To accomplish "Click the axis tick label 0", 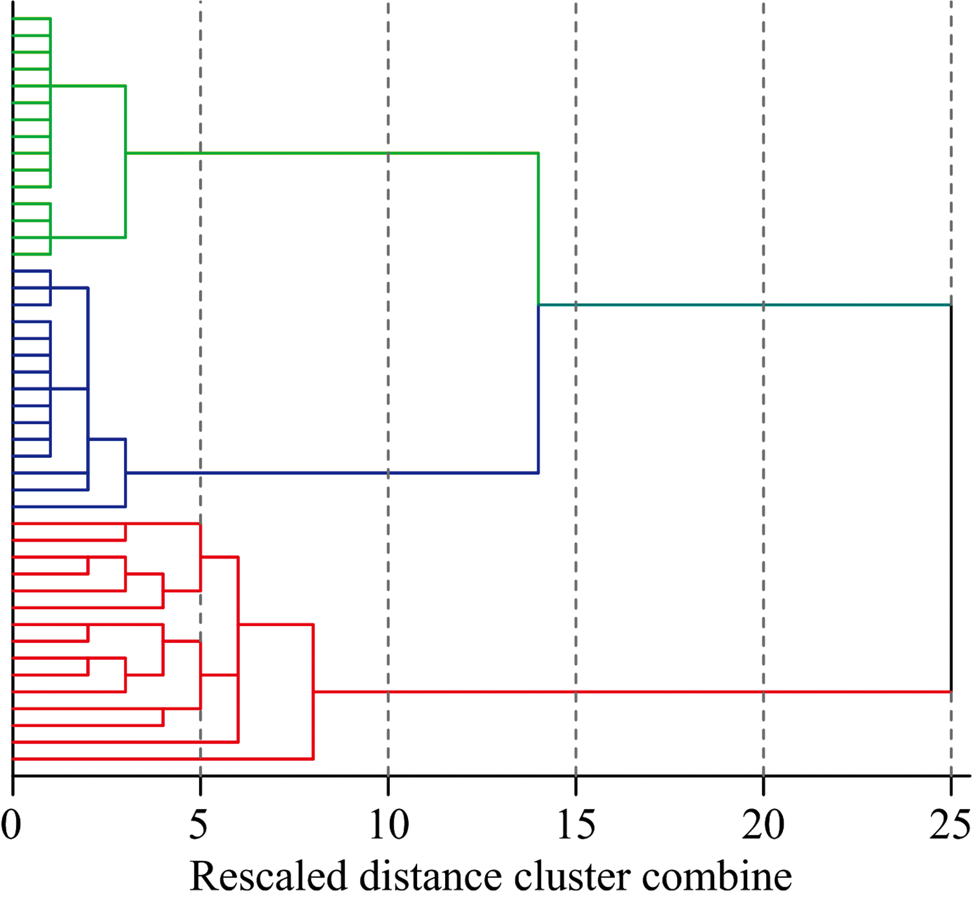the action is (11, 824).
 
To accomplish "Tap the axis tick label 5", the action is (198, 824).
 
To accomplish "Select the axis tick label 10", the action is (389, 824).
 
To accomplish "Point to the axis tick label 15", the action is (576, 824).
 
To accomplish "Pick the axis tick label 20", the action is (763, 824).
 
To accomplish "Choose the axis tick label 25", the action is (950, 824).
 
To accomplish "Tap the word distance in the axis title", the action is (431, 876).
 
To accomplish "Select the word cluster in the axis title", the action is (571, 876).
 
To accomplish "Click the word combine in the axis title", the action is (717, 876).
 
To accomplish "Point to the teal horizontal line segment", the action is (745, 305).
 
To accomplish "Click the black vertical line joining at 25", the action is (951, 498).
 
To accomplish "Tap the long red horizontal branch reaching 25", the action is (632, 692).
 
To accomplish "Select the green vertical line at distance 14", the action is (538, 229).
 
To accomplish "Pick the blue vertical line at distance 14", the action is (538, 389).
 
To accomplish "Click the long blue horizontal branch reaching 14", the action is (332, 474).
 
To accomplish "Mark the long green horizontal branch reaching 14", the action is (332, 153).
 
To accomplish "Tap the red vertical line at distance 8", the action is (313, 692).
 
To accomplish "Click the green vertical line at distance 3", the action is (126, 162).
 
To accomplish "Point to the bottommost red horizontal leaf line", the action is (163, 759).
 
